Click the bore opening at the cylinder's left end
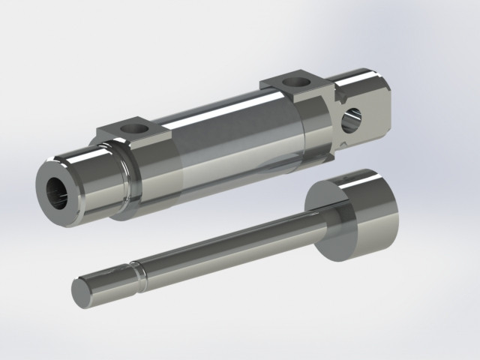click(x=59, y=192)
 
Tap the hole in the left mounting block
click(x=134, y=129)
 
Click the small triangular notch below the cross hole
click(x=342, y=141)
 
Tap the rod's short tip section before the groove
click(x=112, y=281)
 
